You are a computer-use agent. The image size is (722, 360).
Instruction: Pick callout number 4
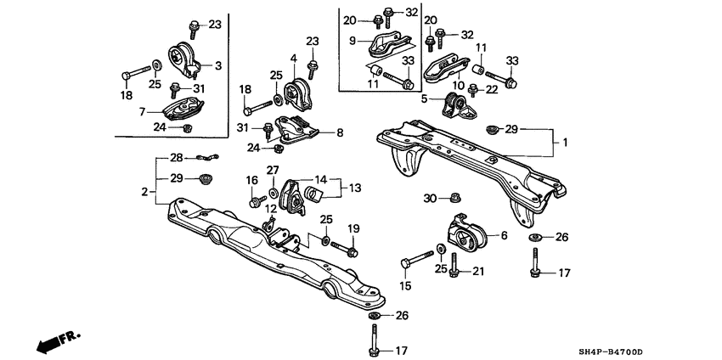[x=293, y=59]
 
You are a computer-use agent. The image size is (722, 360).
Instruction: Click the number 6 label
[x=505, y=236]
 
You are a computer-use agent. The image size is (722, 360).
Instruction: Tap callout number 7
[x=144, y=110]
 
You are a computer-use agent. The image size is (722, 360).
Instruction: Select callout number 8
[x=340, y=132]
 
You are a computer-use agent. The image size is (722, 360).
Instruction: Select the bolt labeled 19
[x=351, y=250]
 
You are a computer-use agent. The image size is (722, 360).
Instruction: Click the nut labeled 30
[x=454, y=198]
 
